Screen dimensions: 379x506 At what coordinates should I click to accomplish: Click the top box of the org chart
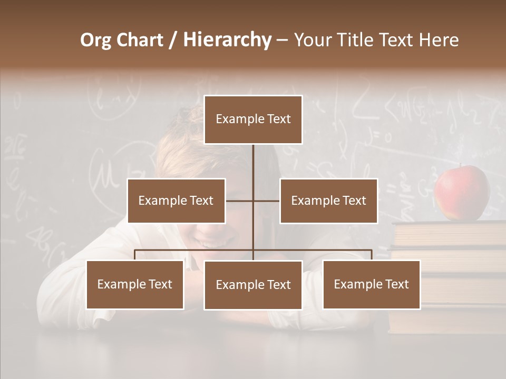coord(253,119)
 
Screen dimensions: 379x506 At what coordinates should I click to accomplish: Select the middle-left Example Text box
coord(176,201)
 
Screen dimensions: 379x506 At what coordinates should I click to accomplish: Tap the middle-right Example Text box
coord(328,201)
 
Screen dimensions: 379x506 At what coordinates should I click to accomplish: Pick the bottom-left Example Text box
coord(135,284)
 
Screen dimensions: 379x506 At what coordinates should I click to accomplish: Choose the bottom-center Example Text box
coord(253,285)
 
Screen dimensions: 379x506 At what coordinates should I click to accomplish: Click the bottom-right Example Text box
coord(372,284)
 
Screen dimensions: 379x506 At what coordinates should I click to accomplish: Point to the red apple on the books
coord(462,193)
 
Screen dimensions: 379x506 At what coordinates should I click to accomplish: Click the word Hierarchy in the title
coord(227,40)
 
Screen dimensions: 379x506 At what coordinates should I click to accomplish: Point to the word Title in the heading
coord(356,40)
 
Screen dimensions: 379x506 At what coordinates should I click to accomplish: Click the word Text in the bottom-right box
coord(397,284)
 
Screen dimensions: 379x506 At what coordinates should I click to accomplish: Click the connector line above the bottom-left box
coord(135,254)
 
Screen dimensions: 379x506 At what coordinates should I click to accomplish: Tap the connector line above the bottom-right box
coord(372,254)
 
